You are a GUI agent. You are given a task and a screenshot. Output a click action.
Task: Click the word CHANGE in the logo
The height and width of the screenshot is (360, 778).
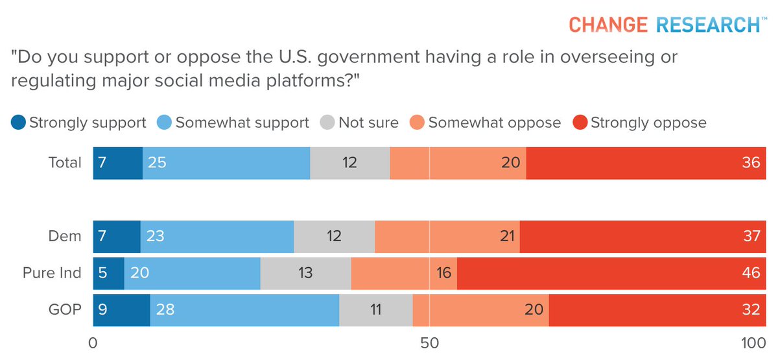607,25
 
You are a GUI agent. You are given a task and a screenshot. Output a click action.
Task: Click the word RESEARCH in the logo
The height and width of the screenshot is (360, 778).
708,25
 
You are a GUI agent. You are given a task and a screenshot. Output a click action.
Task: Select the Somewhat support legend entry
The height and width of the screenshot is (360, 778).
234,123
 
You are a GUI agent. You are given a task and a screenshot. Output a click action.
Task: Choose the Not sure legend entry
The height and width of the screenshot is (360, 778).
360,123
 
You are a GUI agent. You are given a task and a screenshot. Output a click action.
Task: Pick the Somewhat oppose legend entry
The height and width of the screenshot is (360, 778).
486,123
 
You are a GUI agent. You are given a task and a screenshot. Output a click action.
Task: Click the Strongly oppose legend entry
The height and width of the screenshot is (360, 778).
639,123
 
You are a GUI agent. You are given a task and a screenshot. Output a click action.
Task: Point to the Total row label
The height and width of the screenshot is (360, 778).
65,162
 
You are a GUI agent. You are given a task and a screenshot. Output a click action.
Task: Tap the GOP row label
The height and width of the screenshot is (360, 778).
65,309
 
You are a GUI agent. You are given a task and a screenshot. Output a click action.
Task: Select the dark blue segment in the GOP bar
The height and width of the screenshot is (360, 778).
121,309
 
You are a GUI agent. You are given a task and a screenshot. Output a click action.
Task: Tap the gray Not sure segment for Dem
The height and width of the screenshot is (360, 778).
334,235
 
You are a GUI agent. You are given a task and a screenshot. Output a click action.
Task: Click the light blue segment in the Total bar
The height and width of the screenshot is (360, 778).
226,162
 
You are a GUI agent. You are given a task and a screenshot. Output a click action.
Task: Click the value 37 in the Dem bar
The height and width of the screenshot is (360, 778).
751,235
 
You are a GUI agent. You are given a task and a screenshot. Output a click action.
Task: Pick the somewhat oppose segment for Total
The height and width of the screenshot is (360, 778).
458,162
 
